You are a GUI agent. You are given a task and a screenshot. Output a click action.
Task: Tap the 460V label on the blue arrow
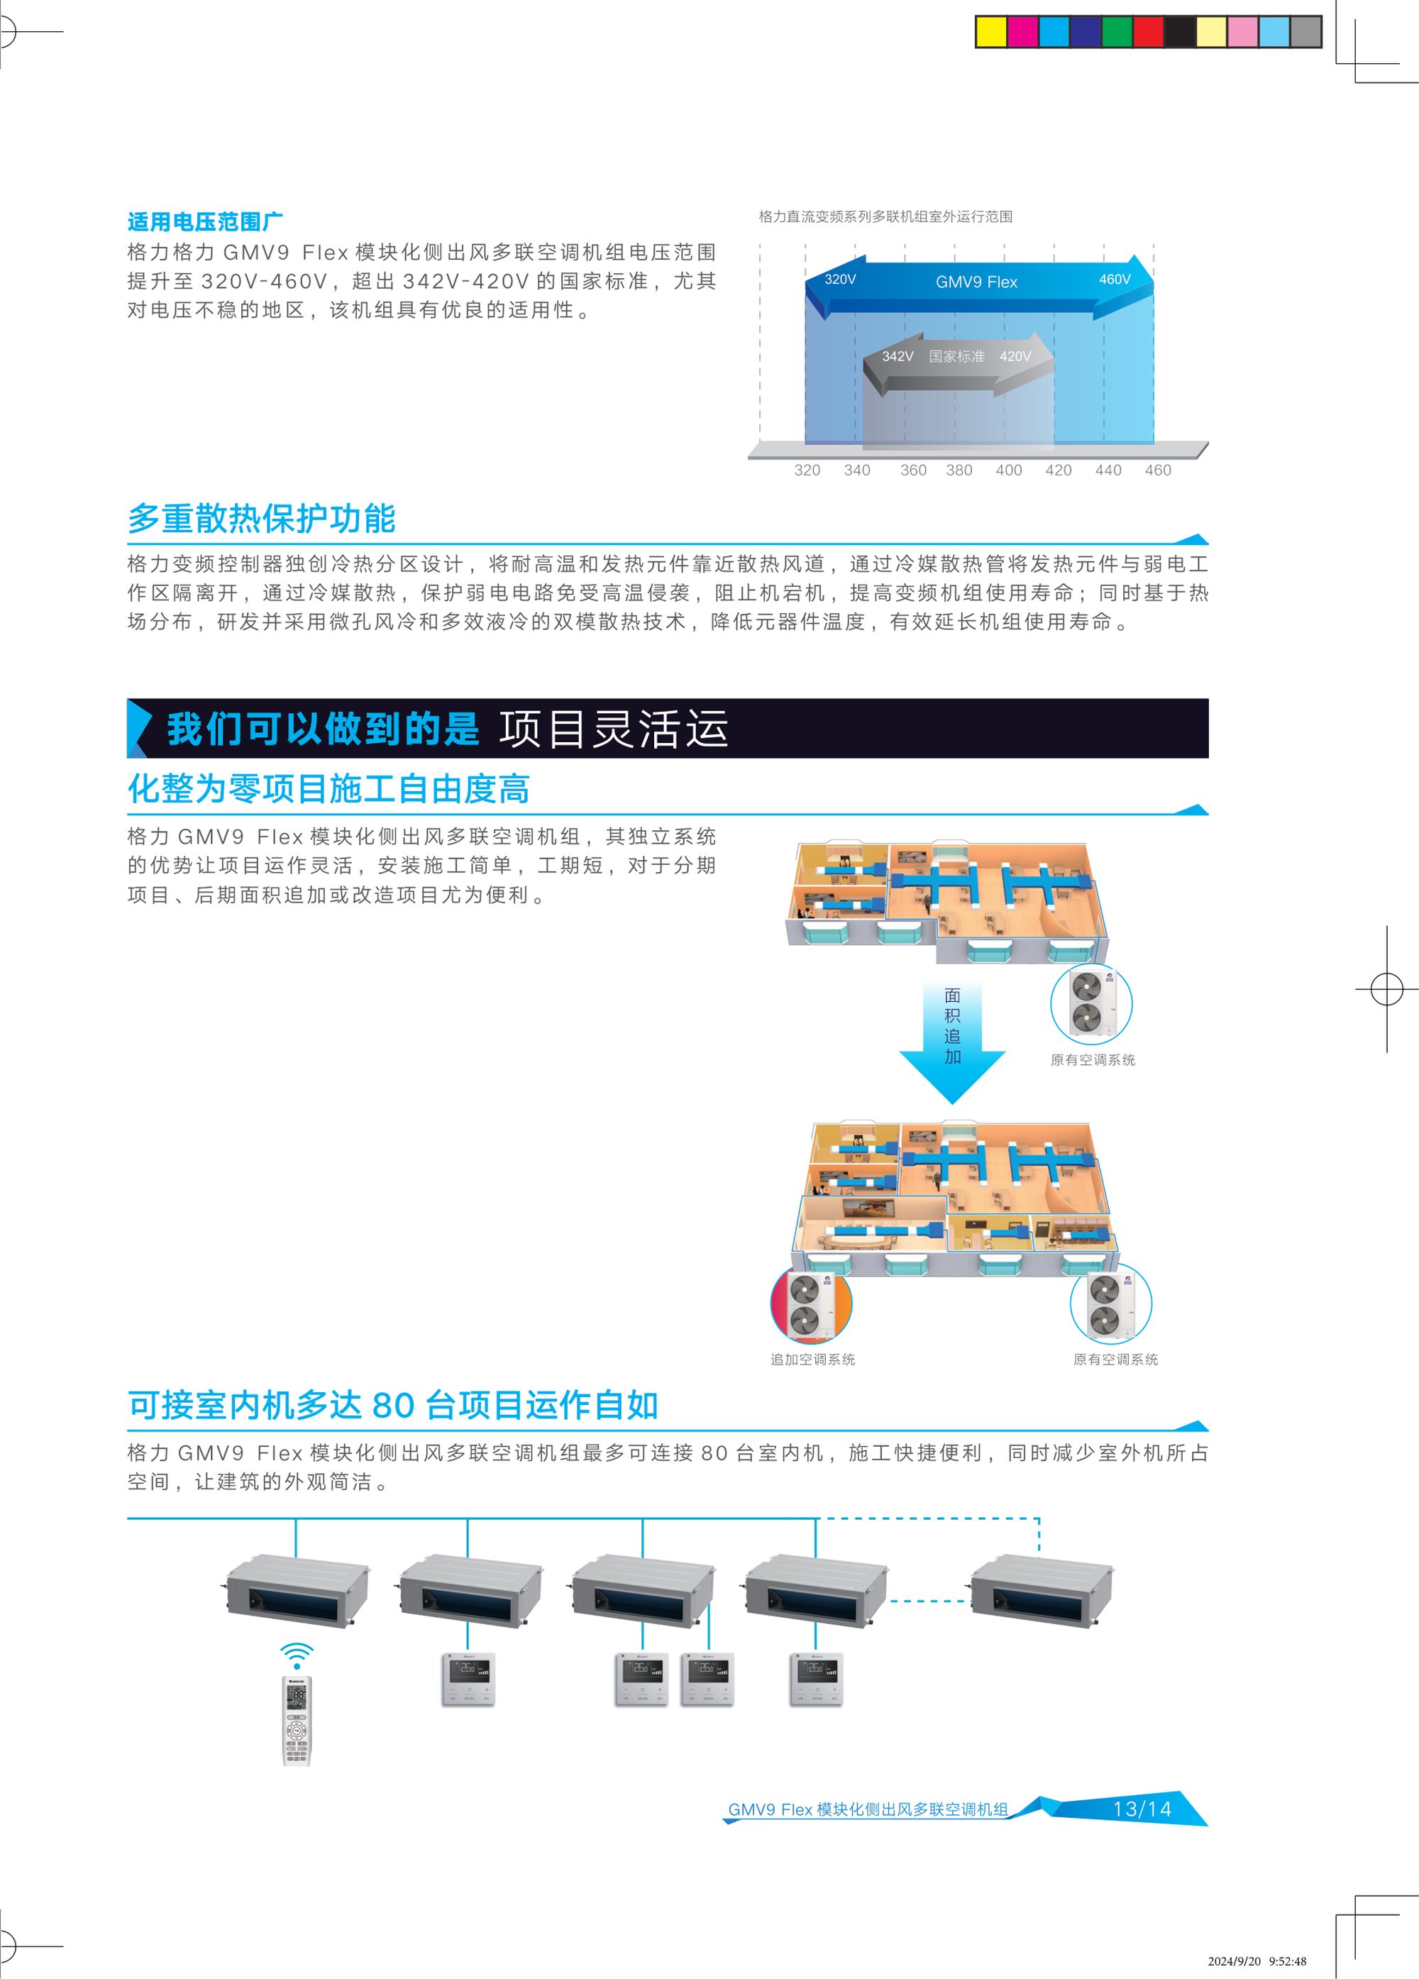(1115, 280)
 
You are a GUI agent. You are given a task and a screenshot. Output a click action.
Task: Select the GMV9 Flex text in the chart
(976, 282)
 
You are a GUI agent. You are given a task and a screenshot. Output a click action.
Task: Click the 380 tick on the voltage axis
(959, 470)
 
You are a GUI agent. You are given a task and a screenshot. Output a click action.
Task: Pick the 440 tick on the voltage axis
(1108, 470)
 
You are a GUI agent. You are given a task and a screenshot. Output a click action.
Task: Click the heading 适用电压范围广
(205, 221)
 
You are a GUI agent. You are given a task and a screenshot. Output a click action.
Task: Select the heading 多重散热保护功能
(262, 518)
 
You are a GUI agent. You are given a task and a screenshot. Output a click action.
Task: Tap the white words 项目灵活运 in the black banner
(614, 729)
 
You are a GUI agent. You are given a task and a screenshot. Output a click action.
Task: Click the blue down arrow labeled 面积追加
(953, 1041)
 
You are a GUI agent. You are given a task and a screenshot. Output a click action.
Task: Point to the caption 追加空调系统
(812, 1360)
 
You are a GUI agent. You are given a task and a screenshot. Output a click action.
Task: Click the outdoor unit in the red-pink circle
(812, 1303)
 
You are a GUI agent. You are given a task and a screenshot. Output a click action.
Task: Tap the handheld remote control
(297, 1721)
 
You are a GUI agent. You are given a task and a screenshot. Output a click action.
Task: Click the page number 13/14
(1142, 1809)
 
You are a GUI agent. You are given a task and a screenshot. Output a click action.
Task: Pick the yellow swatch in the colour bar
(991, 32)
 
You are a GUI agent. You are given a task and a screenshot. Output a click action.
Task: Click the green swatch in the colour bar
(1117, 32)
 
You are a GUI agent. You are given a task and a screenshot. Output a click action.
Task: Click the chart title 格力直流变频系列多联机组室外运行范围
(885, 216)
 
